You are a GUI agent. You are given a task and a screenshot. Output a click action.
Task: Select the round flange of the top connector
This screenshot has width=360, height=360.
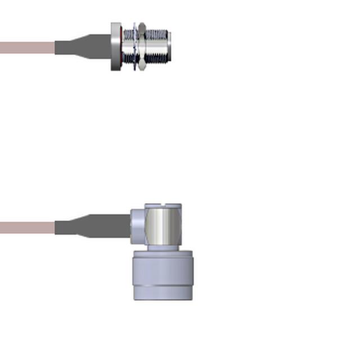pos(116,47)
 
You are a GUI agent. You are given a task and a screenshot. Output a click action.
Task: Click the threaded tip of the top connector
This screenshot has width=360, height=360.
pos(160,47)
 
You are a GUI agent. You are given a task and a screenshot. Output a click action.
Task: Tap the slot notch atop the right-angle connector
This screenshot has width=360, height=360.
pos(163,206)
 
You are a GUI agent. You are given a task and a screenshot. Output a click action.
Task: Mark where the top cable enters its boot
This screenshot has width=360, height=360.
pos(56,48)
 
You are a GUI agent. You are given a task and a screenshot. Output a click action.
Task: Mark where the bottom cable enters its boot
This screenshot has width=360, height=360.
pos(56,228)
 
